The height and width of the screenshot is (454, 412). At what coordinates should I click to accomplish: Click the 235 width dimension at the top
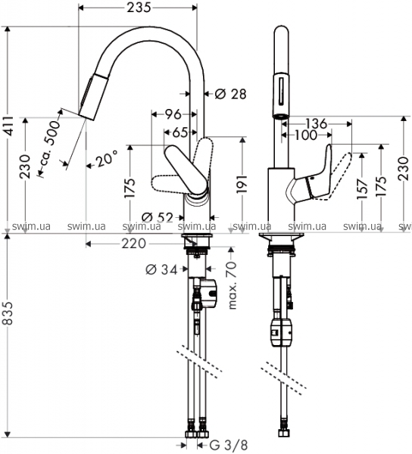(x=139, y=8)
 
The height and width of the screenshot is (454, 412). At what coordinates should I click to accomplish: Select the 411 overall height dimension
(x=8, y=126)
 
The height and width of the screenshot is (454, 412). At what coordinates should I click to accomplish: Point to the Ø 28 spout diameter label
(x=231, y=94)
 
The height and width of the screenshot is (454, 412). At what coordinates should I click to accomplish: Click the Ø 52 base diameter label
(x=157, y=217)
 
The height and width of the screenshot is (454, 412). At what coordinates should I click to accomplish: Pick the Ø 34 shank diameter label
(x=161, y=270)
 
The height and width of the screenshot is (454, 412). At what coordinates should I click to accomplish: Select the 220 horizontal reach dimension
(x=133, y=244)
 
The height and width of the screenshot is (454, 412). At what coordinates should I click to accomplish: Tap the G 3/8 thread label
(x=228, y=445)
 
